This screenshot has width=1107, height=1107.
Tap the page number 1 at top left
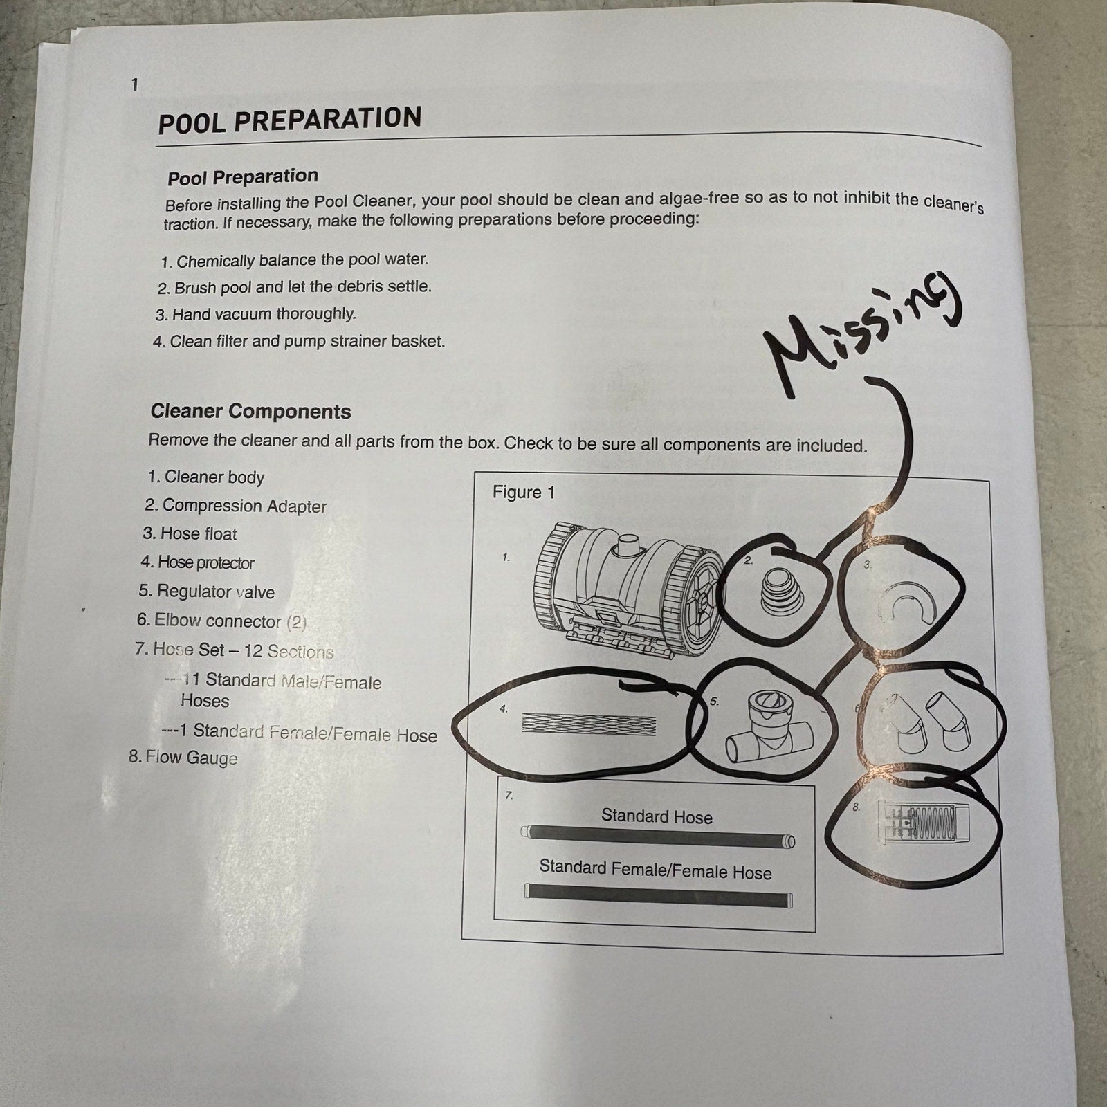coord(134,84)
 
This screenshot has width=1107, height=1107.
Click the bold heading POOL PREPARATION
coord(290,120)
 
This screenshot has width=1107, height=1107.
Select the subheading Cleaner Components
coord(250,411)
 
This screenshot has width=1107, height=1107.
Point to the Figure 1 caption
coord(524,492)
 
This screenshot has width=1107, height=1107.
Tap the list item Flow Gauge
coord(183,758)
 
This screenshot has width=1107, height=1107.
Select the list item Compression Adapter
coord(235,506)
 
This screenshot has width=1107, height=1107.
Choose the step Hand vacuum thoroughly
coord(255,314)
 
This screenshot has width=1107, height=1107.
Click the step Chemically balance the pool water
coord(295,261)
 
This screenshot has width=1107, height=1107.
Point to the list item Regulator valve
coord(206,592)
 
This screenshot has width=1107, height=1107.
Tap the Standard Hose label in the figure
coord(657,816)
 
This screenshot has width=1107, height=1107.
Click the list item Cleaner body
coord(205,477)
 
